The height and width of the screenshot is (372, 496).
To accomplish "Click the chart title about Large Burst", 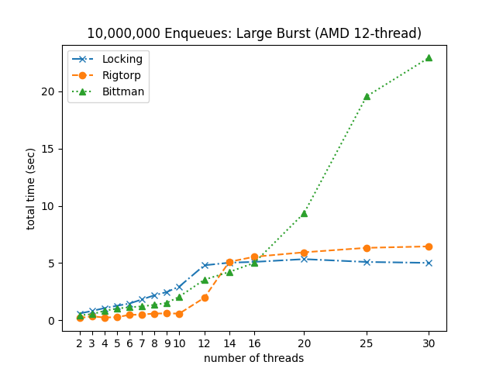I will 254,33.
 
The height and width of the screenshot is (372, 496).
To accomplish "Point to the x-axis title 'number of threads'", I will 254,358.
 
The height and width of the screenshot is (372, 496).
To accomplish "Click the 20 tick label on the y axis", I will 48,91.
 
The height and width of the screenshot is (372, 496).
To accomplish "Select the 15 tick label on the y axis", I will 48,149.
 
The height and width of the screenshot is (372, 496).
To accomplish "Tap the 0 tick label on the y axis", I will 51,321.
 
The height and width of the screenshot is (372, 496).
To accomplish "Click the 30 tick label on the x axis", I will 429,343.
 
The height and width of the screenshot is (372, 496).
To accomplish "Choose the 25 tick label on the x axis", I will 367,343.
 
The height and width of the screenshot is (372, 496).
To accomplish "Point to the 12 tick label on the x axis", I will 205,343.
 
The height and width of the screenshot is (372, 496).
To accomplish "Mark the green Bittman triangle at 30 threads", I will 429,57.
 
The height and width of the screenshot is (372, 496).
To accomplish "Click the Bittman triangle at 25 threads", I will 367,96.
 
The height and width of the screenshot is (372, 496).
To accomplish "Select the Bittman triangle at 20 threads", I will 304,213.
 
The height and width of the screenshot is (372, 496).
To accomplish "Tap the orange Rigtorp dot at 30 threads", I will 429,246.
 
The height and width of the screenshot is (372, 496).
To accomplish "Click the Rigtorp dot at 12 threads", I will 205,298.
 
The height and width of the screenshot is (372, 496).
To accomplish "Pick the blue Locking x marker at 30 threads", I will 429,263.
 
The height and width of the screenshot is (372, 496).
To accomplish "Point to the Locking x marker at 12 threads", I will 205,265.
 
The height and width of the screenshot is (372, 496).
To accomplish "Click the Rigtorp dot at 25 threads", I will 367,248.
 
